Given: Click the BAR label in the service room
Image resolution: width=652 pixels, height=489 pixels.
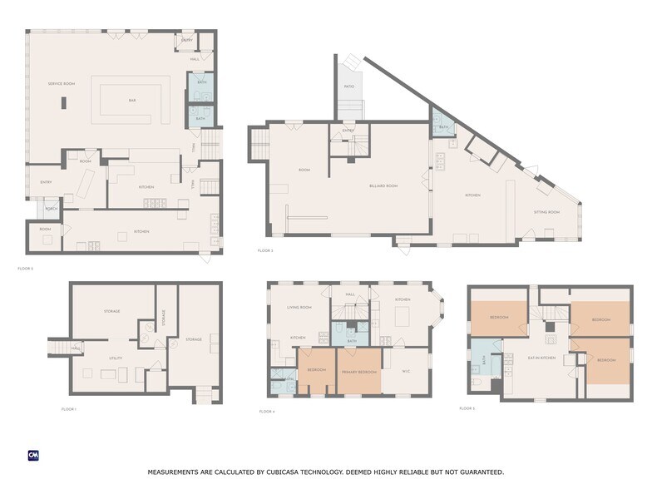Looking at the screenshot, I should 131,100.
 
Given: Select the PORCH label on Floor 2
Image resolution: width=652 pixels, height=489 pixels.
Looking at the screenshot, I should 51,209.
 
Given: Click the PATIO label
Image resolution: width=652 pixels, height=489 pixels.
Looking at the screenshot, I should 348,86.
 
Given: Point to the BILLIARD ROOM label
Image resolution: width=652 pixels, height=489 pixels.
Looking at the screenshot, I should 384,185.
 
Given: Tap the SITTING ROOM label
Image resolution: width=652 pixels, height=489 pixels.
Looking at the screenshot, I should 546,212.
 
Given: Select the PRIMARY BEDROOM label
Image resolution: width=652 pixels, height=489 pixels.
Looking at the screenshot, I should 355,371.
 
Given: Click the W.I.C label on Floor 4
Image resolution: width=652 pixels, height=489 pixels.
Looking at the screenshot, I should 407,371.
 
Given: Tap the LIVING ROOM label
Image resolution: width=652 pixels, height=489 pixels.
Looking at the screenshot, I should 299,307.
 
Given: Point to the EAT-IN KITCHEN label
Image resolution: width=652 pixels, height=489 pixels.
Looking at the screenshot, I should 541,358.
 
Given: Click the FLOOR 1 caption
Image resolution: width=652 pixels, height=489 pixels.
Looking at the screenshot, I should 69,409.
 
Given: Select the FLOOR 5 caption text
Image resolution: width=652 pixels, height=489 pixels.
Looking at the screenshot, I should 467,408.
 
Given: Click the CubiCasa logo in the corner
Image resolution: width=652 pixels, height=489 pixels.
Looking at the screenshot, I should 34,455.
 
